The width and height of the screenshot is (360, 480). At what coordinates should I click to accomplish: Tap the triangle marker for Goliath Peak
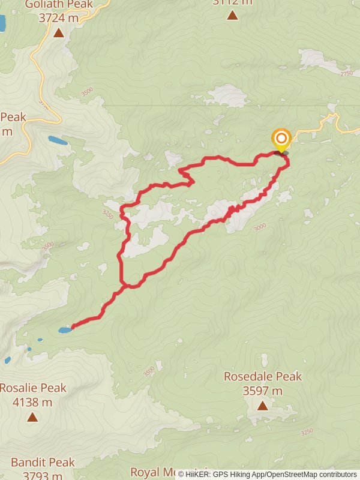tap(59, 33)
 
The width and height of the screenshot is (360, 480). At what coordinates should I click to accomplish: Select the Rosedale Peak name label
tap(263, 376)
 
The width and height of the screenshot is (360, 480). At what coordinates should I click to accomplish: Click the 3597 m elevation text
tap(263, 391)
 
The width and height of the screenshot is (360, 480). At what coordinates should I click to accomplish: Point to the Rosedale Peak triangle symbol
tap(263, 406)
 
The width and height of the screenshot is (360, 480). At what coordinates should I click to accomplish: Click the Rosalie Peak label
tap(32, 388)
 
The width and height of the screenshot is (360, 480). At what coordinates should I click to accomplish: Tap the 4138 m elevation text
tap(32, 402)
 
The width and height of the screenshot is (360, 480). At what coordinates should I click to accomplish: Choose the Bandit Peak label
tap(42, 462)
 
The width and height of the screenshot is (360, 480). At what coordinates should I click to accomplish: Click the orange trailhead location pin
tap(281, 140)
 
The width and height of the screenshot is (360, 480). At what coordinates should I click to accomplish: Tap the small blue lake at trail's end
tap(64, 330)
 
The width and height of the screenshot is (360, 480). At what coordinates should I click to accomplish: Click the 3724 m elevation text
tap(59, 18)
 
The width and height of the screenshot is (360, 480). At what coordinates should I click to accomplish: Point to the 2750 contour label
tap(347, 73)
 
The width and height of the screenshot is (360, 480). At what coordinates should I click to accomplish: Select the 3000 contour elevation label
tap(259, 227)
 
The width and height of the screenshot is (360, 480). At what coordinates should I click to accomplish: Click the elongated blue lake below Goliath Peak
tap(58, 140)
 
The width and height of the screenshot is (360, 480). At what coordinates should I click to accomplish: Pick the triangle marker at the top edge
tap(232, 15)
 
